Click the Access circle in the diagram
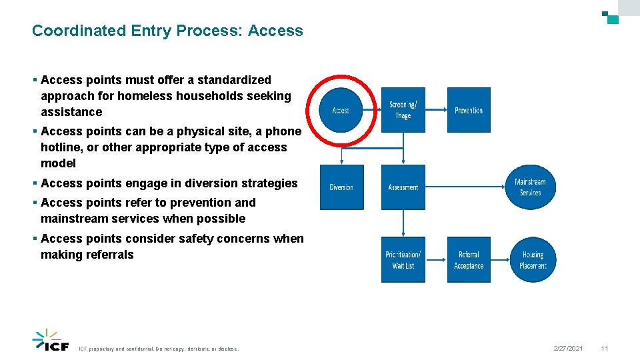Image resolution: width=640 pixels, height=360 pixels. (x=341, y=110)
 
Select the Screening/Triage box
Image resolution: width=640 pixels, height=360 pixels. (x=403, y=110)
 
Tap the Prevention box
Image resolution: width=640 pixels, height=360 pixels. (x=469, y=110)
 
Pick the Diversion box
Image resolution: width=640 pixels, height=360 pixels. (x=341, y=187)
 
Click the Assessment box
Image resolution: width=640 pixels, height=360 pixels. (x=403, y=187)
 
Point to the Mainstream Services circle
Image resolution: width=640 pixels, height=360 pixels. (x=530, y=187)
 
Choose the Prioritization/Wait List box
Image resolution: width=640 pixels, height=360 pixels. (x=403, y=260)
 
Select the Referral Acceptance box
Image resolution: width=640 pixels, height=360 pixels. (x=469, y=260)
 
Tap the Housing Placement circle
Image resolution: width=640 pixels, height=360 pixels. (x=533, y=260)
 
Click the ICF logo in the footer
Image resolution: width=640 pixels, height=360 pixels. (x=51, y=340)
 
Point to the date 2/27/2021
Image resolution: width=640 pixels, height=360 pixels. (x=568, y=349)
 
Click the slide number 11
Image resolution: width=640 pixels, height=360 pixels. (x=604, y=349)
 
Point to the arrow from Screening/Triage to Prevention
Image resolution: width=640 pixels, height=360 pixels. (x=436, y=110)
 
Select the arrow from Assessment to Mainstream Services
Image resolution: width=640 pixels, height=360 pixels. (x=467, y=187)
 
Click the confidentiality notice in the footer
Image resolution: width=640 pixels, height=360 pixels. (x=159, y=349)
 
